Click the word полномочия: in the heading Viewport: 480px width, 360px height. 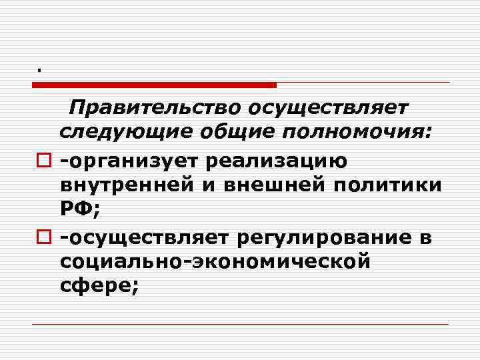358,133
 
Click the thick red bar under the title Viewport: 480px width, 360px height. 154,85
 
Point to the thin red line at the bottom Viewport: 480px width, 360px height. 240,325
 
